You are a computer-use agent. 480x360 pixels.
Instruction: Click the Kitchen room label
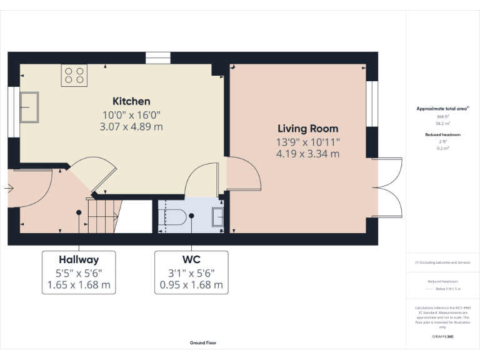(x=131, y=101)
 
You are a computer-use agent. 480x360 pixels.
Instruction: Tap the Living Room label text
(x=307, y=129)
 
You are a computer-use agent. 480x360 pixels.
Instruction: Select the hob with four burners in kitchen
(x=74, y=75)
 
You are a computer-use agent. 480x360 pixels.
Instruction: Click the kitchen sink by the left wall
(x=29, y=107)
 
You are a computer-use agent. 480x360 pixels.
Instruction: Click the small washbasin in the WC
(x=218, y=216)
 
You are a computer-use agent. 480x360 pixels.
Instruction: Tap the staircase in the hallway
(x=102, y=216)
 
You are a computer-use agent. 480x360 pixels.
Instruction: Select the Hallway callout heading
(x=79, y=259)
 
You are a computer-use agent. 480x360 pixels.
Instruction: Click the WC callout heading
(x=191, y=259)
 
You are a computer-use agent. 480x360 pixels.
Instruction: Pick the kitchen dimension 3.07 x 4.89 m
(x=131, y=126)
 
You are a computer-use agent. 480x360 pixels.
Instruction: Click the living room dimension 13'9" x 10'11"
(x=307, y=142)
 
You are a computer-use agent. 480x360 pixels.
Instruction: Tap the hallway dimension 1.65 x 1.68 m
(x=79, y=285)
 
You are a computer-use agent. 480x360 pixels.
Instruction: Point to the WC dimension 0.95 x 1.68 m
(x=191, y=285)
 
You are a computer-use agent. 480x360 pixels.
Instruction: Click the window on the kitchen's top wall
(x=154, y=58)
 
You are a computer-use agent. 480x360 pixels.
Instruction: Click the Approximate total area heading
(x=442, y=109)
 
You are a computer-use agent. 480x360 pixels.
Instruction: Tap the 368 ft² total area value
(x=442, y=117)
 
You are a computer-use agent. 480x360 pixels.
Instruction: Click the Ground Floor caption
(x=203, y=342)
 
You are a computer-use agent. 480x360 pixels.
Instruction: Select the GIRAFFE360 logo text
(x=442, y=336)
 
